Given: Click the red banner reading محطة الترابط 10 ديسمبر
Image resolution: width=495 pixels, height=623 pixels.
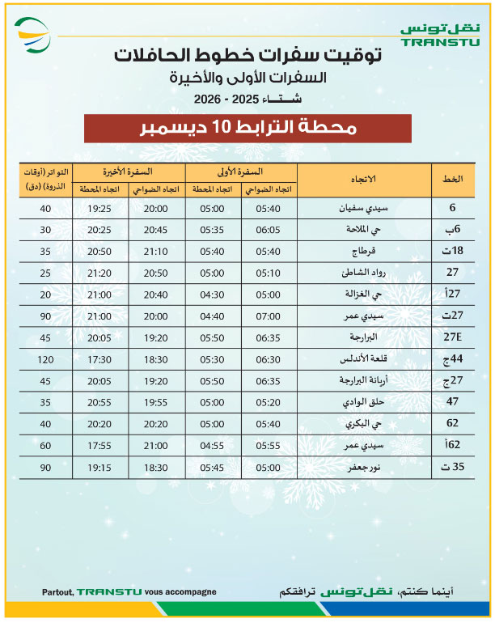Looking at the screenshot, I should [x=247, y=129].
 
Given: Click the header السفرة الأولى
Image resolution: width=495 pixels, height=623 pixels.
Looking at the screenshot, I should [x=241, y=172].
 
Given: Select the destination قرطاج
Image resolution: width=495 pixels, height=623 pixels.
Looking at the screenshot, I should [x=365, y=250].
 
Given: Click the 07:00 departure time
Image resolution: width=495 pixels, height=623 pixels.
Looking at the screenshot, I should [x=270, y=315].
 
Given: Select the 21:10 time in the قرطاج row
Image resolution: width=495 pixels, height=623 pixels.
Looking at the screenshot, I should [x=158, y=250].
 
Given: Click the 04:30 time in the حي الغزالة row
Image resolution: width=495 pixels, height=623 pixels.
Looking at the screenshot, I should [x=214, y=293].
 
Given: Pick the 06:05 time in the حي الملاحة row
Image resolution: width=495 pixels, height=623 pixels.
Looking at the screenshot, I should [x=270, y=229].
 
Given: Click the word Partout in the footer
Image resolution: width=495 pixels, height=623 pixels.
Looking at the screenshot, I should [x=58, y=592].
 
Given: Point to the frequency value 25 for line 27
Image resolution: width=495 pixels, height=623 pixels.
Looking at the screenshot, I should [x=45, y=272].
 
